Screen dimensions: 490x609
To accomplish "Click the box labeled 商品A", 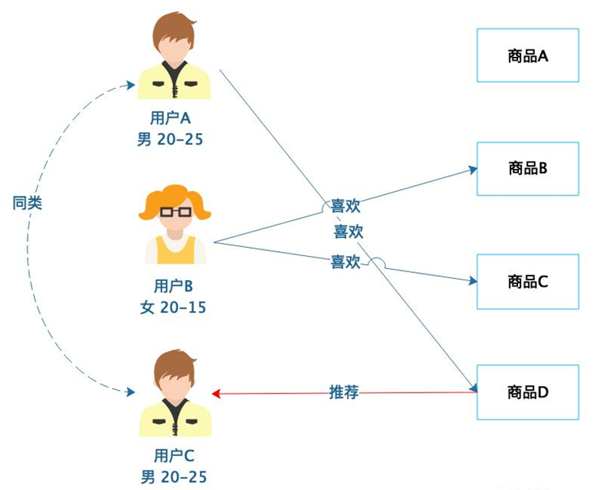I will [x=528, y=55].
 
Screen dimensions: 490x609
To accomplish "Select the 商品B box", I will [x=528, y=168].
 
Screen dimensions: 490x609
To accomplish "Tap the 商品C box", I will [x=528, y=281].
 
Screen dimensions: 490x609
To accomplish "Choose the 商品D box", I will [x=528, y=392].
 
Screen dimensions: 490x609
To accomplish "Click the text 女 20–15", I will [x=173, y=307].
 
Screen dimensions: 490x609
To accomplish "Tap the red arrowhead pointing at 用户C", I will [x=217, y=394].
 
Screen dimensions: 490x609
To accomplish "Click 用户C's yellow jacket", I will [x=195, y=419].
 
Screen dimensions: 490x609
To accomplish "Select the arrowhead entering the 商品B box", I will [x=472, y=170].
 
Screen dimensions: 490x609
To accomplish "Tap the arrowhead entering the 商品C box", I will [x=472, y=281].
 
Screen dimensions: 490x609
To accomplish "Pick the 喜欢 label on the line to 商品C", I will [x=344, y=262].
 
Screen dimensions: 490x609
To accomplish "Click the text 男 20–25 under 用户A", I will [x=170, y=139].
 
